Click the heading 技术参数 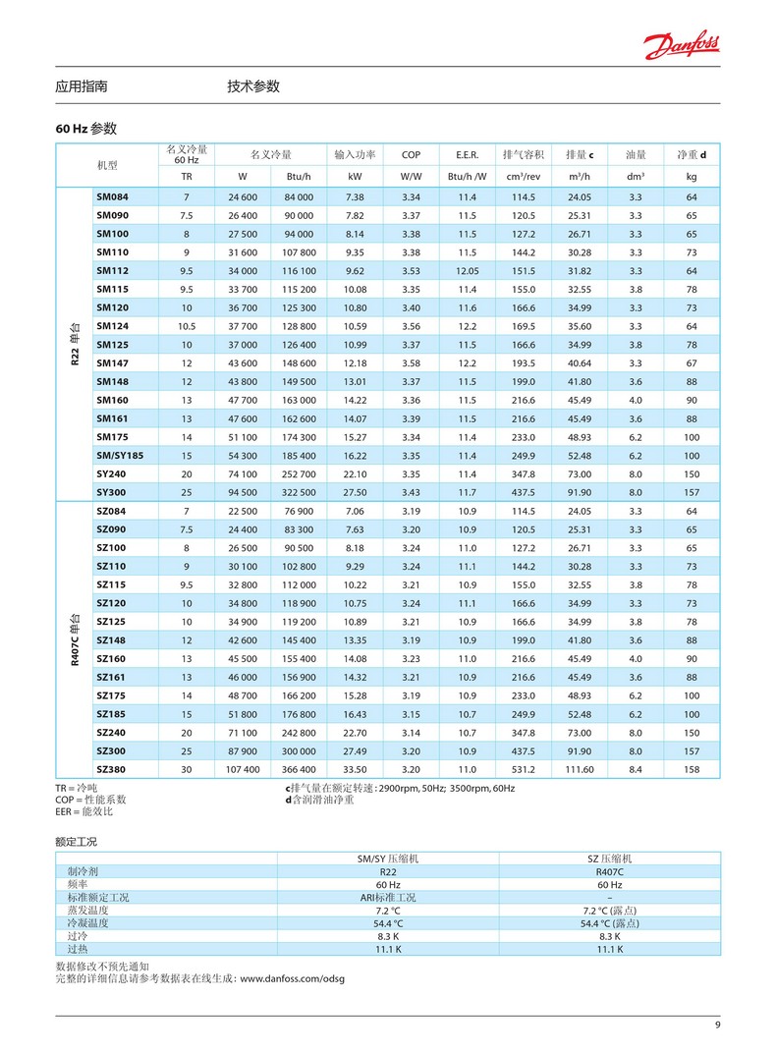pos(253,86)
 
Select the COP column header pos(411,155)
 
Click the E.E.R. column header pos(467,155)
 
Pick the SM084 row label pos(112,197)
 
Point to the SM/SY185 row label pos(120,456)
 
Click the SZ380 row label pos(111,769)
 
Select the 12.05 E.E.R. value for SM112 pos(467,271)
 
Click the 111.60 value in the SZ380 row pos(580,769)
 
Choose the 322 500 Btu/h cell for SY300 pos(299,492)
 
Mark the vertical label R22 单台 pos(74,345)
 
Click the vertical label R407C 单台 pos(74,639)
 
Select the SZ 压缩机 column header pos(610,859)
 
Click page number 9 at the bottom pos(717,1026)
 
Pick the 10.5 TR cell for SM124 pos(187,326)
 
